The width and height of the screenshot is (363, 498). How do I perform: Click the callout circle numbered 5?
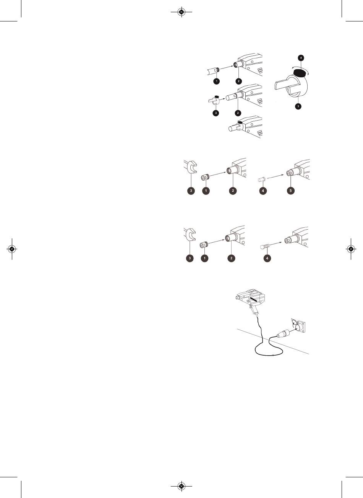pyautogui.click(x=291, y=191)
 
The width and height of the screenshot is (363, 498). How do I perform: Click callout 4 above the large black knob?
pyautogui.click(x=301, y=58)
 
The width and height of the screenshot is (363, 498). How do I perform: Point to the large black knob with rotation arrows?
pyautogui.click(x=300, y=73)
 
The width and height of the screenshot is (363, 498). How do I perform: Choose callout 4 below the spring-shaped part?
pyautogui.click(x=267, y=258)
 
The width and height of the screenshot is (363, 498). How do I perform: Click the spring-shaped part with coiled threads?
pyautogui.click(x=265, y=247)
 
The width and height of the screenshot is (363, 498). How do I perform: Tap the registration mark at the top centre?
pyautogui.click(x=181, y=12)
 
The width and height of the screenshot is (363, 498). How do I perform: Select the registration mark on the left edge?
pyautogui.click(x=12, y=249)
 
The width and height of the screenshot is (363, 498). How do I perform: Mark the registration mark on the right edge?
pyautogui.click(x=351, y=249)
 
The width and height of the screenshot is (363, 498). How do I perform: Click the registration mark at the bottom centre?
pyautogui.click(x=181, y=486)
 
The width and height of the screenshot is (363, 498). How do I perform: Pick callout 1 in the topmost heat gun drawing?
pyautogui.click(x=217, y=81)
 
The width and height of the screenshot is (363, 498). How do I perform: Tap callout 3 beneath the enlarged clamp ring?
pyautogui.click(x=298, y=106)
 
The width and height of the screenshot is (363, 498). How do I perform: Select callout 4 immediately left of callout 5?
pyautogui.click(x=263, y=191)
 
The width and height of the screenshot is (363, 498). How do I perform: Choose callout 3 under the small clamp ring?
pyautogui.click(x=216, y=113)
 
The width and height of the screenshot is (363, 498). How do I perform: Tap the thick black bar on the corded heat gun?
pyautogui.click(x=253, y=299)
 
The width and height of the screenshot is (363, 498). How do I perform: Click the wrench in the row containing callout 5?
pyautogui.click(x=191, y=167)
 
